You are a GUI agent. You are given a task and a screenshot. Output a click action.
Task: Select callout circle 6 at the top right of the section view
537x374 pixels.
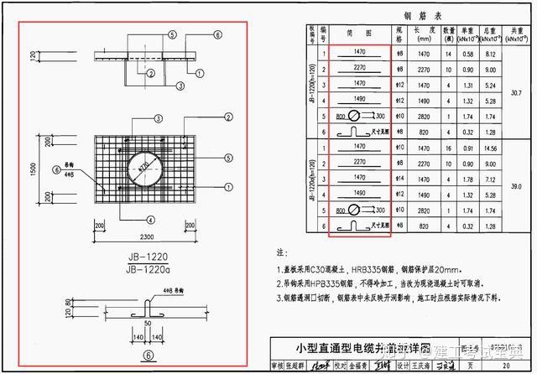point(218,34)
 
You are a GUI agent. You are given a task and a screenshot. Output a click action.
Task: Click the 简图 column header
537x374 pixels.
point(359,34)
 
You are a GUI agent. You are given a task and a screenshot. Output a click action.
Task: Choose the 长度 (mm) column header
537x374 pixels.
point(423,34)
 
